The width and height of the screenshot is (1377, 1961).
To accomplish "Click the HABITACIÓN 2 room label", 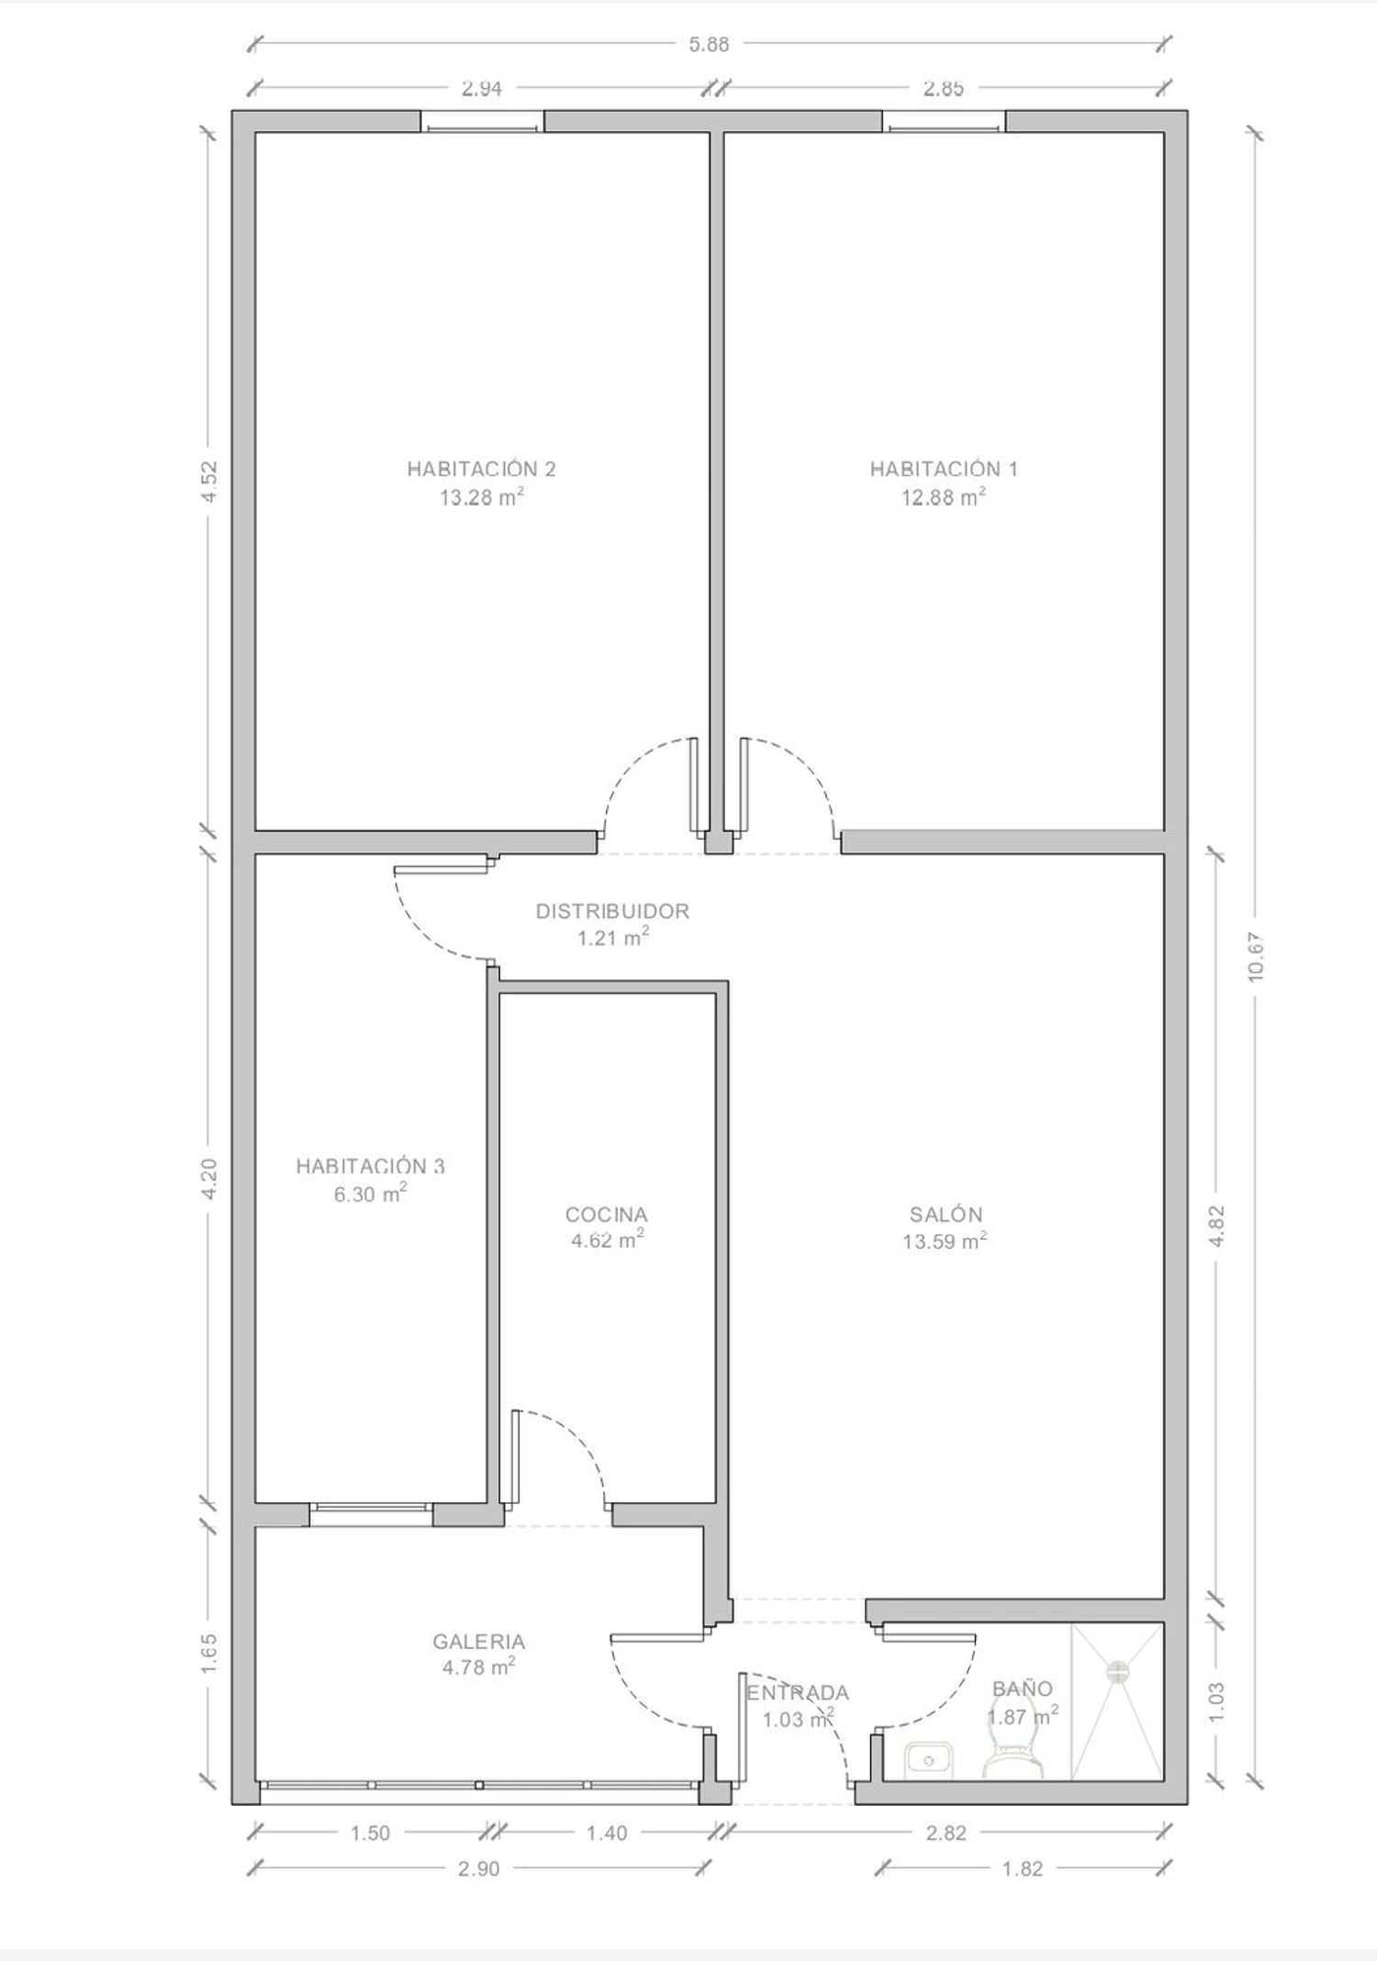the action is coord(481,469).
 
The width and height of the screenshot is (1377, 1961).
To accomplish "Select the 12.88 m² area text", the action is coord(944,497).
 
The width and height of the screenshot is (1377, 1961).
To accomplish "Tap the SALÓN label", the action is coord(946,1214).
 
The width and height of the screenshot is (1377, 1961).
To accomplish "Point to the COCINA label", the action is coord(606,1215).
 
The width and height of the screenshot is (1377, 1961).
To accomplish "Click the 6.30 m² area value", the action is coord(370,1195).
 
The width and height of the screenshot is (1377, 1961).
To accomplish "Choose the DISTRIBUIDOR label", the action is coord(612,911).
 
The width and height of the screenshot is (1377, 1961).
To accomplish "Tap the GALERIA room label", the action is coord(478,1642).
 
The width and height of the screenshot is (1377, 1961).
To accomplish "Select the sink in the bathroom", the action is coord(929,1759).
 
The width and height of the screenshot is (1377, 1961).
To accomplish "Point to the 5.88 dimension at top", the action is coord(709,43).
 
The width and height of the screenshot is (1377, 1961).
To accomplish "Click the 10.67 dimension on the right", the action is coord(1256,957).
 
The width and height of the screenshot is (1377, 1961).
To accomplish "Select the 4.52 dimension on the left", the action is coord(209,481).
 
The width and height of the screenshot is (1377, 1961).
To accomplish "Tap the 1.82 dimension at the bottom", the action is coord(1022,1868).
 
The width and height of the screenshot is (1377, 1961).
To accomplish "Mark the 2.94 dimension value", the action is coord(481,89).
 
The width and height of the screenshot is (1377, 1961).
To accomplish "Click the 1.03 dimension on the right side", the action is coord(1217,1700).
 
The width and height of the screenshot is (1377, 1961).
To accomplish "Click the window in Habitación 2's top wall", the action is coord(483,122).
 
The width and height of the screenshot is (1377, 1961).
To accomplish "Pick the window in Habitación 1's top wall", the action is coord(945,122).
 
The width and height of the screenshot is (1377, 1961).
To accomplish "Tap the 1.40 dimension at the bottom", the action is coord(606,1833).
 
